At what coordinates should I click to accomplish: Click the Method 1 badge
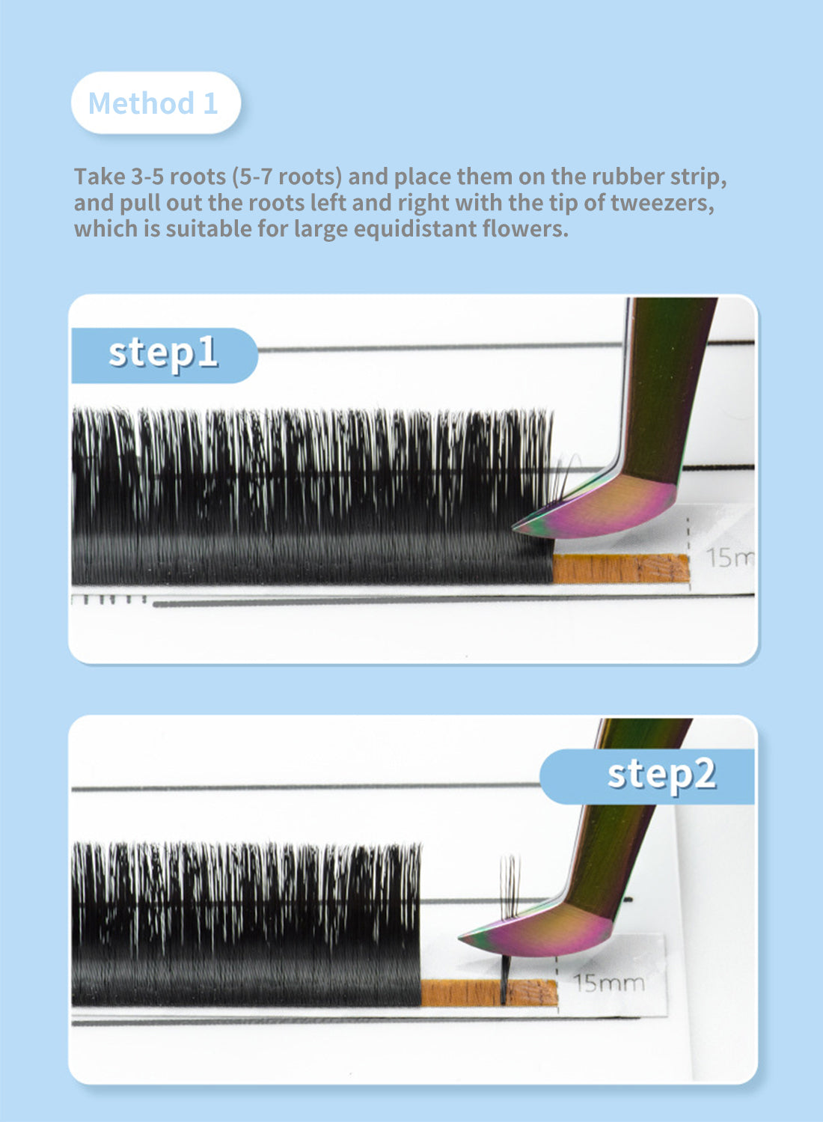pos(156,103)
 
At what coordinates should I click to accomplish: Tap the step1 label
pos(164,355)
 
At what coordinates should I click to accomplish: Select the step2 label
pos(646,776)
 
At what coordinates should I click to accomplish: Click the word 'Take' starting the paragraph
pos(100,177)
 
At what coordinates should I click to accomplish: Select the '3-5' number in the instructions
pos(147,177)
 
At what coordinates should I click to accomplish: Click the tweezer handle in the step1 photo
pos(668,391)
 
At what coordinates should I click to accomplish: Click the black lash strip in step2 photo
pos(246,925)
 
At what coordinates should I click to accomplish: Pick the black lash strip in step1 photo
pos(313,497)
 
